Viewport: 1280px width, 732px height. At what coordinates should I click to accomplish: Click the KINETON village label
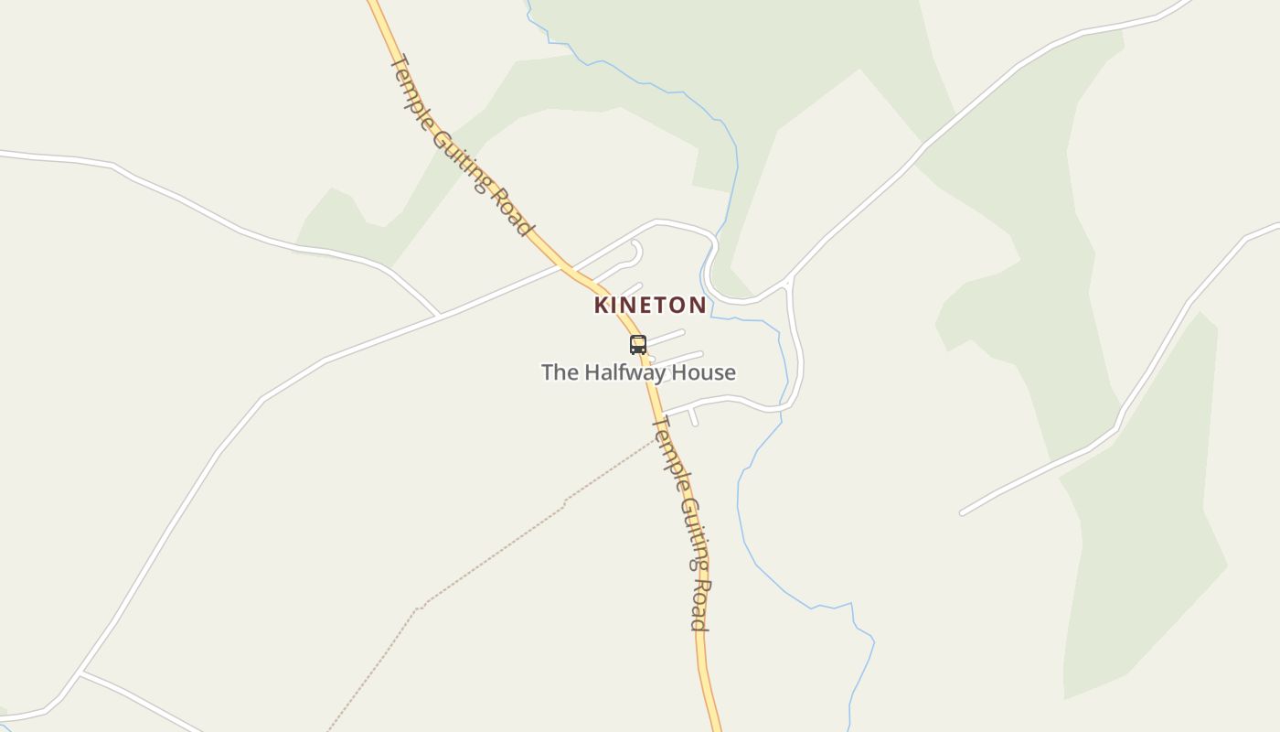649,305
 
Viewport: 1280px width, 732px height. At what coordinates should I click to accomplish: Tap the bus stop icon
638,345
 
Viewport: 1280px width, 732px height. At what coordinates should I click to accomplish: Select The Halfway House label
638,372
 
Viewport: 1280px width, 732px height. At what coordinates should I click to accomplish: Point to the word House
702,372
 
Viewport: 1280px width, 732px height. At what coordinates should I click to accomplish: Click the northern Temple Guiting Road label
462,146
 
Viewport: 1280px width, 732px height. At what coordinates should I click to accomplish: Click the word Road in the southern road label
699,605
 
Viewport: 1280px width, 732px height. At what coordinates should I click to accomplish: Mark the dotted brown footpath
494,554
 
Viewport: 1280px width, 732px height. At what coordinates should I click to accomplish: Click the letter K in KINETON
602,305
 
